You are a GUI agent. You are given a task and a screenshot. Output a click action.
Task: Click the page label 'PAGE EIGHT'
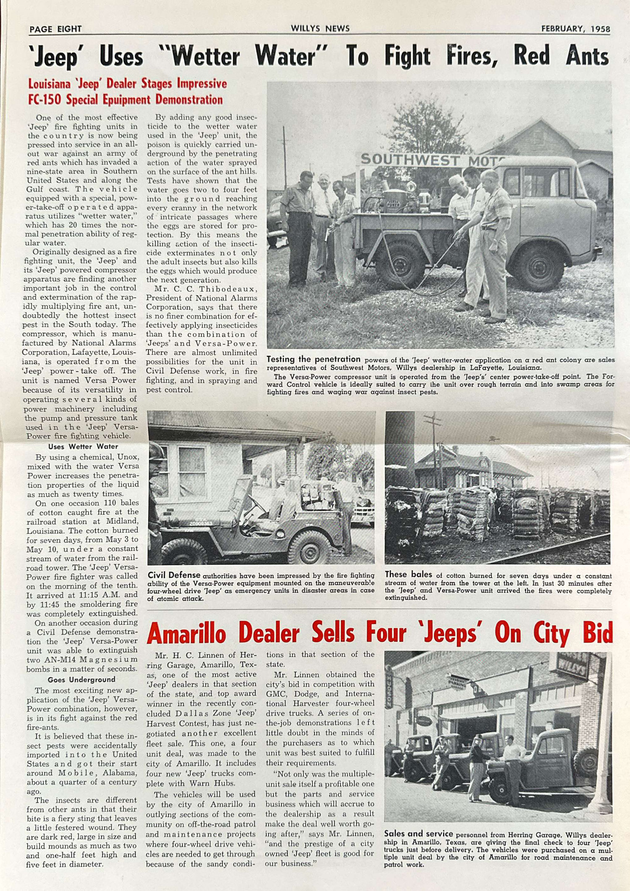click(55, 29)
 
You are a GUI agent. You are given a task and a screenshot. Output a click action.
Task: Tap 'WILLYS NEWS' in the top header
click(320, 29)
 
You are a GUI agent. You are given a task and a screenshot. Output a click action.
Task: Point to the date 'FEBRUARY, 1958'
click(575, 29)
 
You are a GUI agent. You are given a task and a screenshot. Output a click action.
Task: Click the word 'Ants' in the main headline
click(587, 56)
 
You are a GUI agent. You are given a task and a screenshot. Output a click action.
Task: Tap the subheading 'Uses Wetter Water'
click(83, 447)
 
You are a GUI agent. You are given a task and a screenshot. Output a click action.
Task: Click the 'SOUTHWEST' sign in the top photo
click(409, 160)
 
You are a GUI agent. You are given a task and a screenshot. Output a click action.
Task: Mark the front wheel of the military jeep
click(310, 547)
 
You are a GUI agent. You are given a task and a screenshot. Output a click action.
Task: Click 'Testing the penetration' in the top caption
click(313, 359)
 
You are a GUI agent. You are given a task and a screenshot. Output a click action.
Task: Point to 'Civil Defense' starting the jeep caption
click(174, 575)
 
